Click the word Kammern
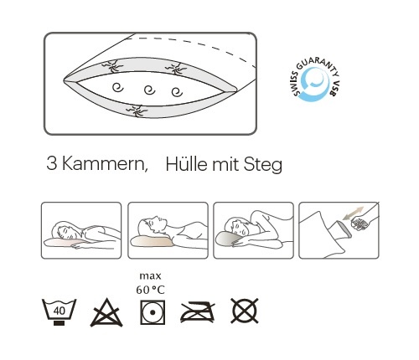coord(105,163)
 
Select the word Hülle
coord(187,164)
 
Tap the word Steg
coord(263,165)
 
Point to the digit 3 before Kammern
coord(52,163)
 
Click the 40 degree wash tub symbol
coord(59,312)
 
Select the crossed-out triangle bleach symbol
coord(106,312)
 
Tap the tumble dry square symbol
coord(153,312)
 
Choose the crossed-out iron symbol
coord(198,311)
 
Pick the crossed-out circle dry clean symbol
coord(245,311)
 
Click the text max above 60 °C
coord(150,276)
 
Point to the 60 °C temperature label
coord(150,290)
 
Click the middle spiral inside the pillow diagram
coord(150,90)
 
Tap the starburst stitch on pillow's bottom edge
coord(137,111)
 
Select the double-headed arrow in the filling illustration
coord(354,213)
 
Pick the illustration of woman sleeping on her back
coord(168,230)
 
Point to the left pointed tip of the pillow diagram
coord(64,80)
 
